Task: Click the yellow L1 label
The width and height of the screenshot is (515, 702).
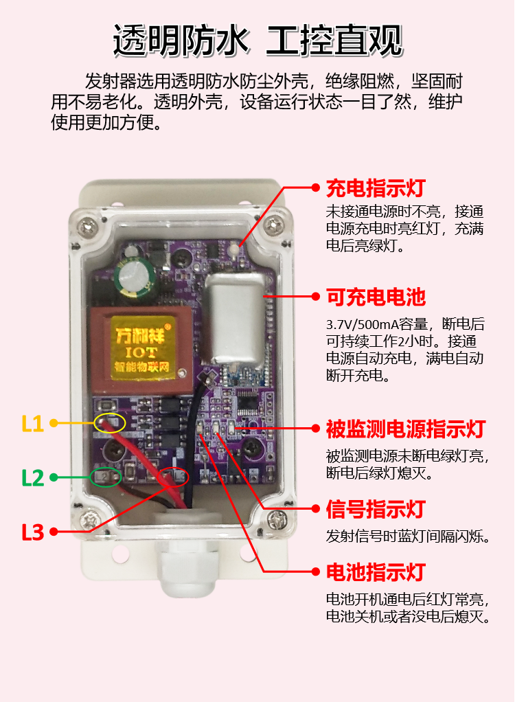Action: click(33, 424)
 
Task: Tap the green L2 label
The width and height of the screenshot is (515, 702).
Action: click(33, 478)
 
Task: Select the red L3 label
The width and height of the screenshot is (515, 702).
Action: click(33, 532)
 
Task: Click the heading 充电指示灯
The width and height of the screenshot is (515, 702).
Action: click(376, 188)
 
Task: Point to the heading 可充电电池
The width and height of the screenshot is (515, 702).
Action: click(376, 297)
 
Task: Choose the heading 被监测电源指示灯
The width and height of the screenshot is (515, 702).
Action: click(406, 429)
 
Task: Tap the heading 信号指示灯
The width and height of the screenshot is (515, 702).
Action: click(376, 509)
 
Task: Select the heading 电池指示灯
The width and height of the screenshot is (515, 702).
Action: click(376, 572)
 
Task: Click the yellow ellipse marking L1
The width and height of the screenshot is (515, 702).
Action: click(109, 423)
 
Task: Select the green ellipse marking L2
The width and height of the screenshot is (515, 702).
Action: click(106, 477)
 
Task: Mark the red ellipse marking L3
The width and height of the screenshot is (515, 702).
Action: click(173, 477)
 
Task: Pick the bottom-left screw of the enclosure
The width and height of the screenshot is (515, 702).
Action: click(91, 521)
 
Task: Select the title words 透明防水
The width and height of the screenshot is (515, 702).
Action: click(181, 41)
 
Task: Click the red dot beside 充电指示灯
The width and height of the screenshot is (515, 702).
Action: click(316, 188)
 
